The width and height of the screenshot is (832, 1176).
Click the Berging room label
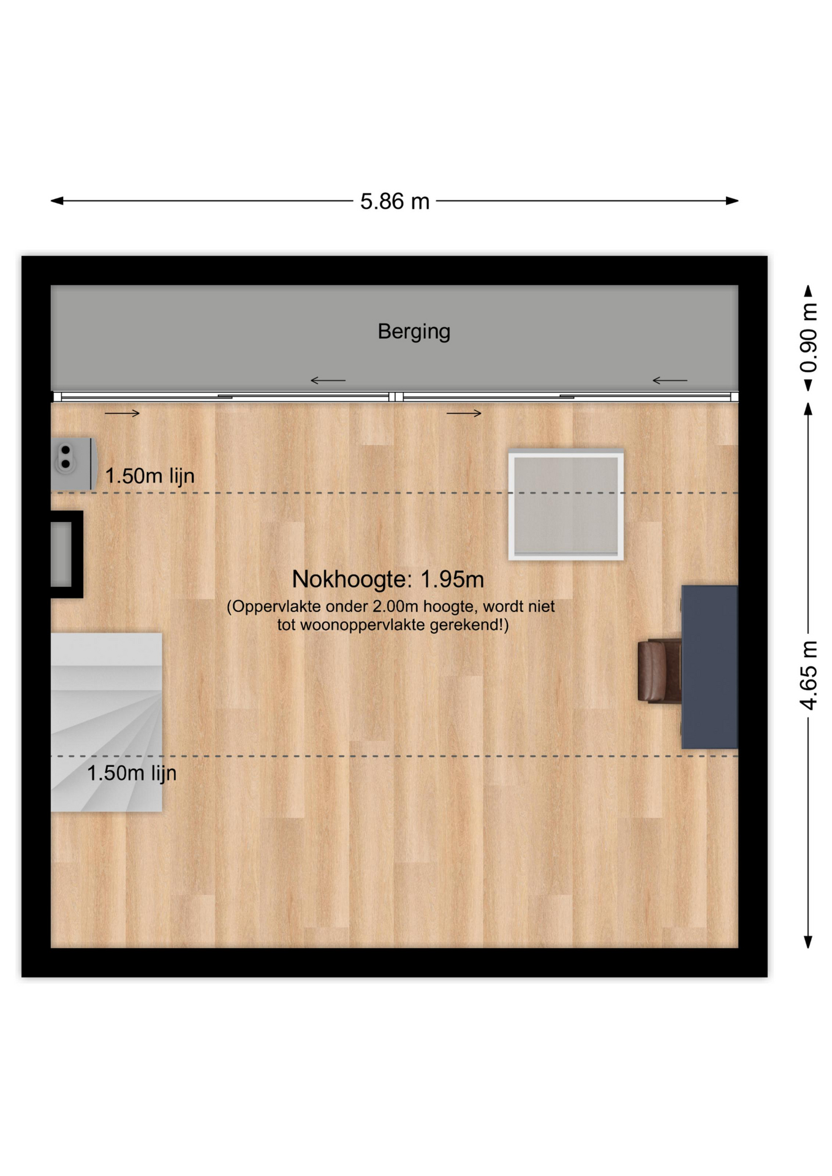tap(414, 331)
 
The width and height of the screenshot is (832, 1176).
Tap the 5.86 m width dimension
tap(395, 201)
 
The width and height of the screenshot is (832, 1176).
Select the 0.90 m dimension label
tap(808, 337)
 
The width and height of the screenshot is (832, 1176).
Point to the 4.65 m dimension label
tap(808, 675)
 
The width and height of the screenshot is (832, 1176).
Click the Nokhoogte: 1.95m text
tap(388, 579)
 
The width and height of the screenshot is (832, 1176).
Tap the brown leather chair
tap(660, 671)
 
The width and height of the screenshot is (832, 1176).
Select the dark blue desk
tap(709, 666)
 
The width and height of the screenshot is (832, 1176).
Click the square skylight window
tap(566, 505)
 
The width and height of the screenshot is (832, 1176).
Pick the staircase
tap(107, 722)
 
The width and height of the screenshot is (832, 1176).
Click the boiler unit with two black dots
tap(74, 464)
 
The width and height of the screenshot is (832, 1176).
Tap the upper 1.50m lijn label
tap(150, 476)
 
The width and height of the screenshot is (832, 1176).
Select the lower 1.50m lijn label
tap(132, 773)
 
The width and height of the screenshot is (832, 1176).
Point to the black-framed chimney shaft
tap(67, 554)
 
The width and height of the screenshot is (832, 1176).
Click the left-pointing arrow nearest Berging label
tap(328, 380)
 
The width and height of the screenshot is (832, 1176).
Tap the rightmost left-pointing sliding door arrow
tap(670, 380)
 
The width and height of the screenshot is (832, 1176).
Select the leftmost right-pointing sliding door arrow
tap(123, 413)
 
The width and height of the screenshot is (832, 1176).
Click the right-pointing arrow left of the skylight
tap(464, 413)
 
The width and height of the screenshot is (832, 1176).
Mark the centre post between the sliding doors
tap(396, 397)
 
